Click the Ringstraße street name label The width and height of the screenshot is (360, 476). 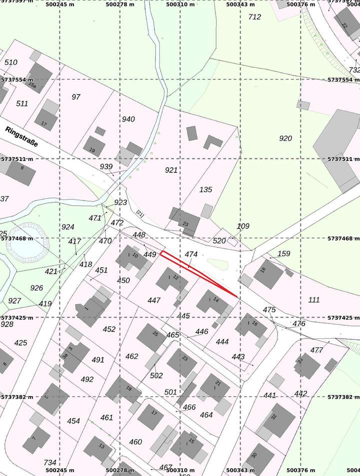pos(22,136)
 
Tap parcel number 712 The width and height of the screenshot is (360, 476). pos(254,17)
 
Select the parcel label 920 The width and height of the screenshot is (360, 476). pos(285,138)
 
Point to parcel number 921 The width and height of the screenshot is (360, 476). pos(171,170)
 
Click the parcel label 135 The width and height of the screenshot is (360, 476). pos(205,189)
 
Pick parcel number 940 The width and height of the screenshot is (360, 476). pos(128,119)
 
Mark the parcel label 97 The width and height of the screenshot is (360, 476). pos(76,97)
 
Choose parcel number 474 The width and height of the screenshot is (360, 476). pos(191,254)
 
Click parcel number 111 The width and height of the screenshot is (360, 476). pos(314,299)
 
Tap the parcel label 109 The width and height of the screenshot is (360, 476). pos(243,226)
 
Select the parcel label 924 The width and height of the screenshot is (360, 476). pos(67,227)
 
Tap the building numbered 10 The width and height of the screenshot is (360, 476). pos(131,256)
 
